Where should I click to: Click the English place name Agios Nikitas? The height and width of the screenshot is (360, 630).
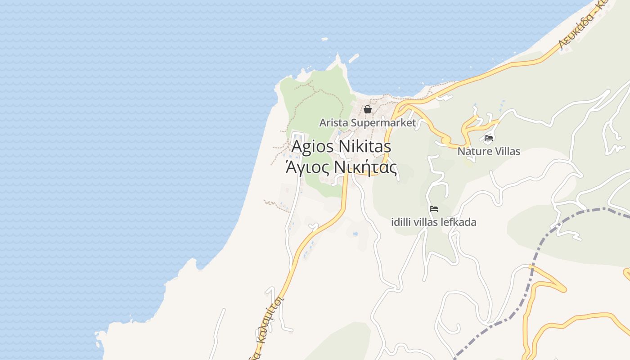pos(341,147)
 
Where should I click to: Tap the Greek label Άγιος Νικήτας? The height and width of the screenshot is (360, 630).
pos(342,168)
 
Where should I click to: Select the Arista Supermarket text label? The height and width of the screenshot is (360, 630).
pos(367,122)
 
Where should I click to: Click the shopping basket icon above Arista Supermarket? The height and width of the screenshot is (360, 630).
pos(368,109)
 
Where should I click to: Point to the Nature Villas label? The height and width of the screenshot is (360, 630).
pos(489,151)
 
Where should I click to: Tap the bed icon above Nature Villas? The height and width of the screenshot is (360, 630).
pos(489,138)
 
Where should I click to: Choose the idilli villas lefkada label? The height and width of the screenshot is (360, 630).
pos(434,222)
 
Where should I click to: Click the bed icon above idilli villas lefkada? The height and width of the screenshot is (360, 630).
pos(434,208)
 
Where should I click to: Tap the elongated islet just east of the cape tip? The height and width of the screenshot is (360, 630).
pos(354,58)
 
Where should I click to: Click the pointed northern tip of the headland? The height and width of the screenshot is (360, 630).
pos(338,56)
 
